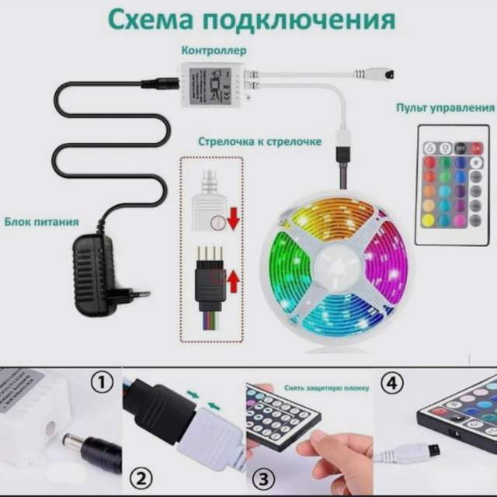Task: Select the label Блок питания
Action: (41, 221)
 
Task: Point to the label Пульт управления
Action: (445, 108)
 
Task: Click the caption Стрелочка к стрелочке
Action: (259, 142)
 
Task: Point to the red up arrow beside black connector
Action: (232, 280)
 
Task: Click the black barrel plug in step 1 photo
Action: (89, 450)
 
